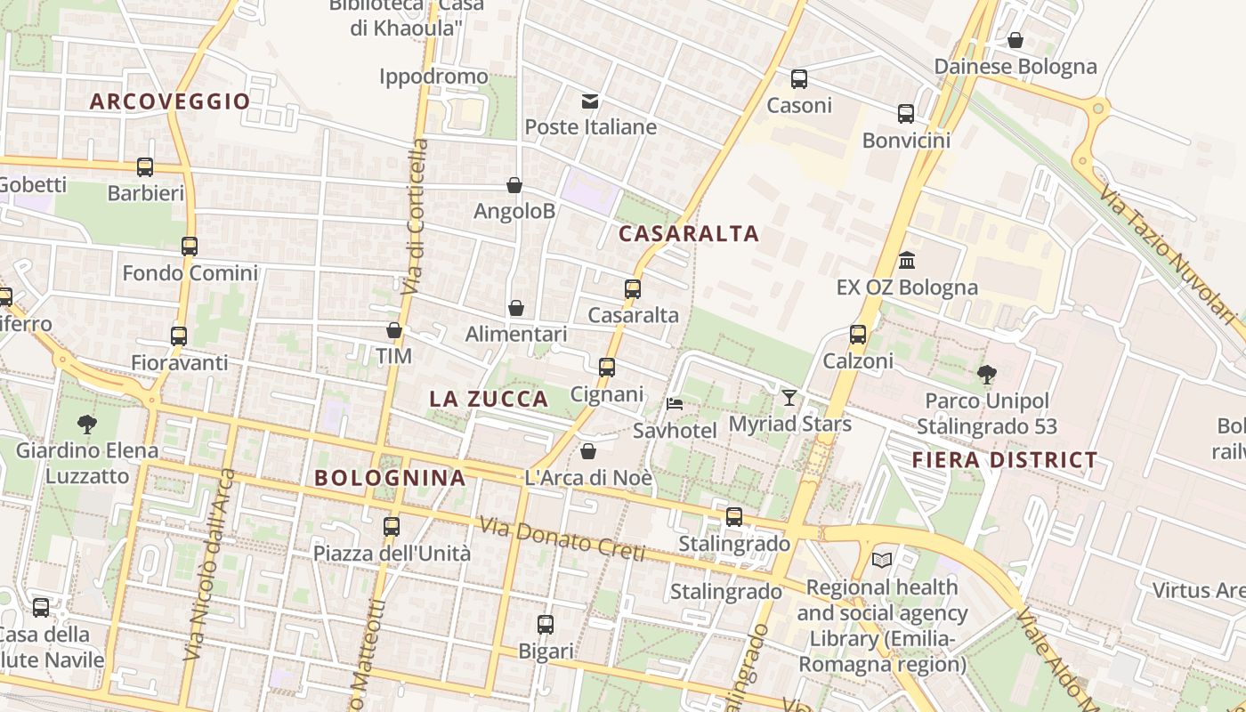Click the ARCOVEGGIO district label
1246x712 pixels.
[170, 101]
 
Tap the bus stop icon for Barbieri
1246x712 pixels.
[145, 166]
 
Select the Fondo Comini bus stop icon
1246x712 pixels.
[190, 247]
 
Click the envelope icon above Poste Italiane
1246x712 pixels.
[590, 101]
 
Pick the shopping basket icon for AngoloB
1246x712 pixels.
[514, 185]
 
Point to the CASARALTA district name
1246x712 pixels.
[688, 234]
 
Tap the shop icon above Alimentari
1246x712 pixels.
[516, 308]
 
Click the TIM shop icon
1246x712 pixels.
[394, 331]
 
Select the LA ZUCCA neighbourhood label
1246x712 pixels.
[489, 400]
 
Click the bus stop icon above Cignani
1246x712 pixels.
[607, 367]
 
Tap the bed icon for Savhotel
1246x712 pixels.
[675, 404]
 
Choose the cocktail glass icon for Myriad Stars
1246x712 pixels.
[789, 397]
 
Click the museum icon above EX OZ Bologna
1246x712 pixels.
[907, 260]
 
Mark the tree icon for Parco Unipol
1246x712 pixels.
[986, 374]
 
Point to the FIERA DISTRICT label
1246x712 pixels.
[1005, 460]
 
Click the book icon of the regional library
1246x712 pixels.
[882, 560]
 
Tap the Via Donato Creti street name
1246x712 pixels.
[562, 539]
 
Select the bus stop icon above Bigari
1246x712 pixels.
[546, 625]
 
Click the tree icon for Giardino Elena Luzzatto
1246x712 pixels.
[87, 424]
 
